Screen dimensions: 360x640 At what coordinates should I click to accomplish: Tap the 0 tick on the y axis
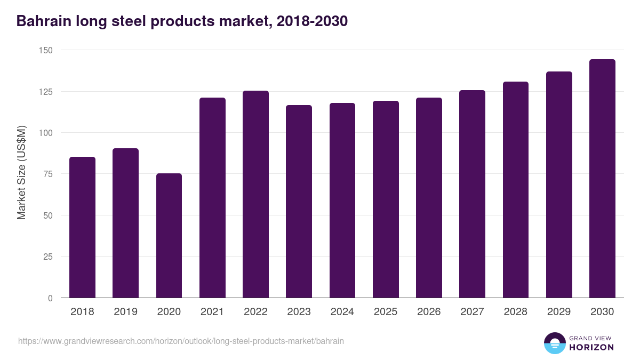pos(50,298)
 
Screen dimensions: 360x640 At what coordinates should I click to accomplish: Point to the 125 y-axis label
pos(46,92)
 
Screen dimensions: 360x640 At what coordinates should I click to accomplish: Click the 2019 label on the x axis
pos(125,312)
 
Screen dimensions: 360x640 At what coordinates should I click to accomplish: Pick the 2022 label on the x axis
pos(255,312)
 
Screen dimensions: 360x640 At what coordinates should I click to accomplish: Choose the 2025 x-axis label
pos(386,312)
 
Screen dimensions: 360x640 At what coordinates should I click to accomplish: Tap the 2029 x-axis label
pos(559,312)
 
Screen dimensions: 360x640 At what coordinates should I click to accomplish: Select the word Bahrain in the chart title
pos(43,21)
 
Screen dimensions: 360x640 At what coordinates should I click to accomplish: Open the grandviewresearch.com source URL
pos(181,341)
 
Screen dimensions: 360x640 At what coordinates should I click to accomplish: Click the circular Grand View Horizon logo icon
pos(554,343)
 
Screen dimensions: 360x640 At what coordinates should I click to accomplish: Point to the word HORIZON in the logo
pos(591,347)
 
